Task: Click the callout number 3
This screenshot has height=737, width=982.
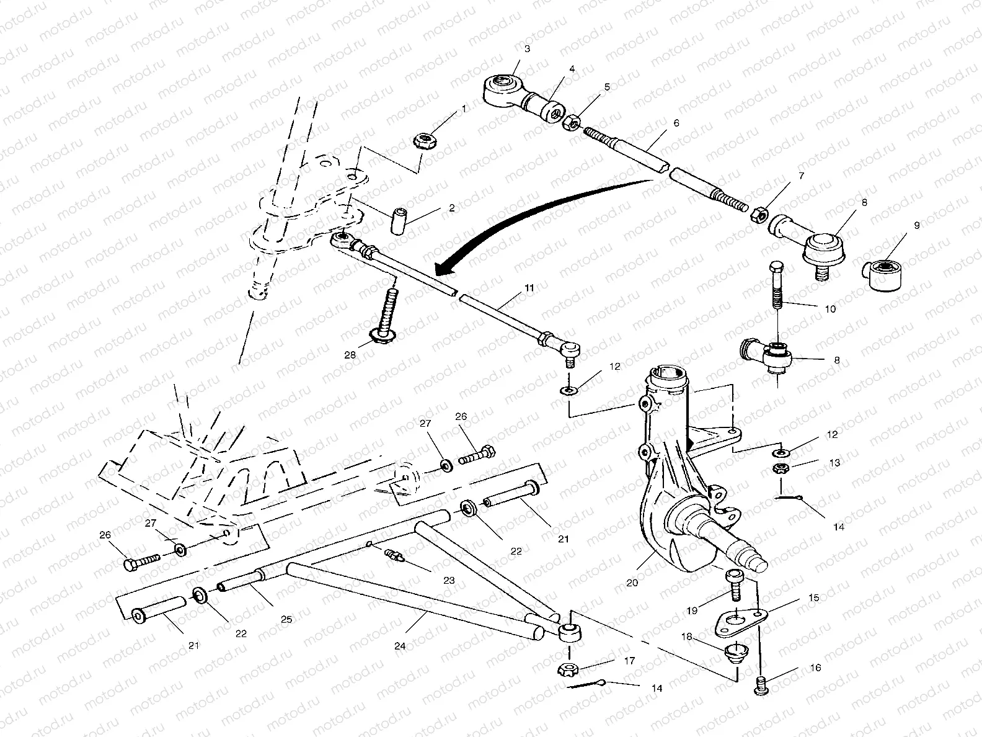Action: (527, 48)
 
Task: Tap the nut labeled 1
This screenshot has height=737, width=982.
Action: (423, 140)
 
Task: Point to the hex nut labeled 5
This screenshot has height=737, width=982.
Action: (571, 122)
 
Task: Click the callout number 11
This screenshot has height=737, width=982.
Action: (529, 288)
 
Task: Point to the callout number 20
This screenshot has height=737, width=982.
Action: (632, 583)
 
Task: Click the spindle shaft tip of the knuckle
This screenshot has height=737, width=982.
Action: (759, 562)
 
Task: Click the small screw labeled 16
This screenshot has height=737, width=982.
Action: (762, 686)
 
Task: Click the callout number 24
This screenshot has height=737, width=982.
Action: (399, 646)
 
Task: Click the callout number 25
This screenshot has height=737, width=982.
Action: (286, 619)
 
